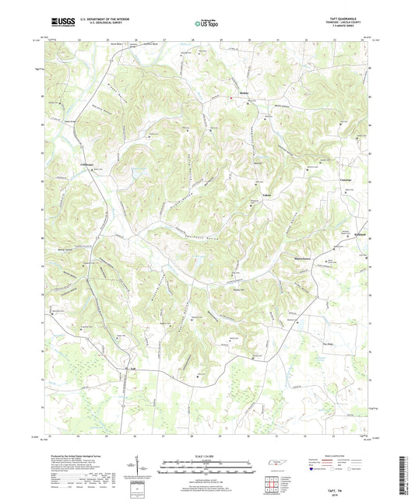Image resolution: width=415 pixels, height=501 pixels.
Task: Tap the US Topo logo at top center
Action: click(x=205, y=23)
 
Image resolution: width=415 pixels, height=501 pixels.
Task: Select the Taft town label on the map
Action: click(x=132, y=368)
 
